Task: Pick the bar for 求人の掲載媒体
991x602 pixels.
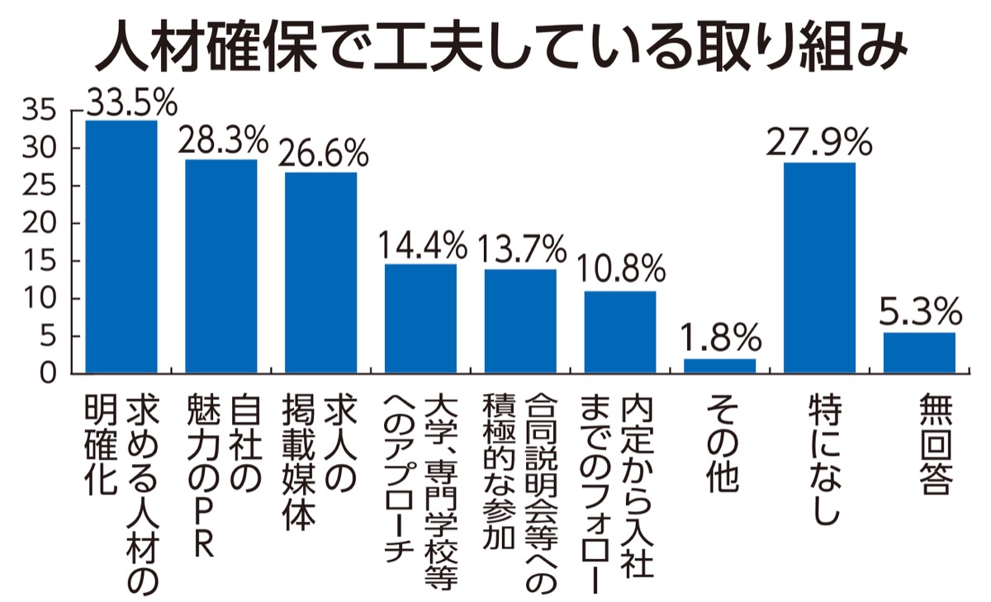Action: (x=321, y=273)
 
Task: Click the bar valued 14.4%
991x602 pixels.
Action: (x=420, y=319)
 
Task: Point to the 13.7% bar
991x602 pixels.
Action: (x=520, y=321)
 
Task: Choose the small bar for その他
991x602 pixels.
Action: (x=719, y=366)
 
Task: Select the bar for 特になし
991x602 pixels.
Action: (x=819, y=268)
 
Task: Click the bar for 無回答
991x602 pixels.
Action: (x=919, y=353)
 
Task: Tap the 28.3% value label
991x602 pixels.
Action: (x=222, y=141)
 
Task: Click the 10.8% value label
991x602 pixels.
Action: (x=620, y=269)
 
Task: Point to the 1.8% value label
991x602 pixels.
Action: (x=719, y=337)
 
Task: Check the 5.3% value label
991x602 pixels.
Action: (x=919, y=312)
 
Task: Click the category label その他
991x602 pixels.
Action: (x=719, y=443)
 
